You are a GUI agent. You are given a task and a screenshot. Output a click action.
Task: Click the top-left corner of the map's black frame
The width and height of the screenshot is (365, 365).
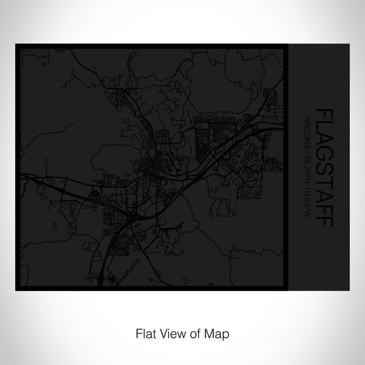[x=17, y=46]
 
